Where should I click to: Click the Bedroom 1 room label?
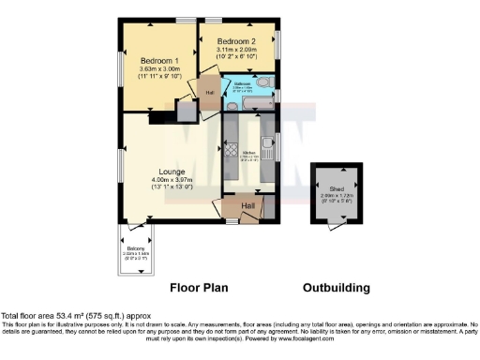[151, 57]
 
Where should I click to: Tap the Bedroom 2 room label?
[236, 42]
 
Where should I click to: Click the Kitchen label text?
[249, 151]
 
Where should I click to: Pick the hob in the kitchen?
[230, 150]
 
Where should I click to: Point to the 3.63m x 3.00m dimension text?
[152, 68]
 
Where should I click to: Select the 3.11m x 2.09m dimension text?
[238, 52]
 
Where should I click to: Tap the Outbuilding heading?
[337, 288]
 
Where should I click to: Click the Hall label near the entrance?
[247, 205]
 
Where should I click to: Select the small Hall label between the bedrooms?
[210, 92]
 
